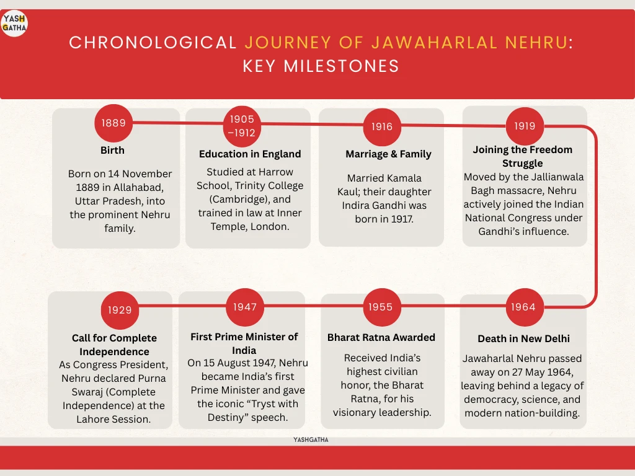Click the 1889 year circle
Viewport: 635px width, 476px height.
(114, 123)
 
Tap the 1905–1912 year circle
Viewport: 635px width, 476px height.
(242, 126)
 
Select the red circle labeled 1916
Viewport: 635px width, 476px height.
(382, 126)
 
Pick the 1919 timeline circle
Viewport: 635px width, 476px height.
(525, 126)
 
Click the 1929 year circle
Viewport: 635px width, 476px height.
(120, 310)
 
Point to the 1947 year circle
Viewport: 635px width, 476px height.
(245, 307)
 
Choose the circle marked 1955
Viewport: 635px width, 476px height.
(381, 307)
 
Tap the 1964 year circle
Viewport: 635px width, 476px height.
(523, 307)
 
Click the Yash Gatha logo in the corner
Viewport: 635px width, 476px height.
(14, 23)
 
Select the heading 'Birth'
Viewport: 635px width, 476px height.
(112, 150)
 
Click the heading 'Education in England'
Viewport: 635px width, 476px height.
(250, 154)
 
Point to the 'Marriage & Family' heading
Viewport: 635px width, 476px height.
(388, 154)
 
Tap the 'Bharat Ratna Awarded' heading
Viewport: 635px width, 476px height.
(381, 337)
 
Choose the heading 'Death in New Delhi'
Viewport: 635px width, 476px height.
(523, 338)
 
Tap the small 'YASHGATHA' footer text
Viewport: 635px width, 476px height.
(311, 439)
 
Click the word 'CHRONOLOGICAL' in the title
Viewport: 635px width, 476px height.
(153, 43)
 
